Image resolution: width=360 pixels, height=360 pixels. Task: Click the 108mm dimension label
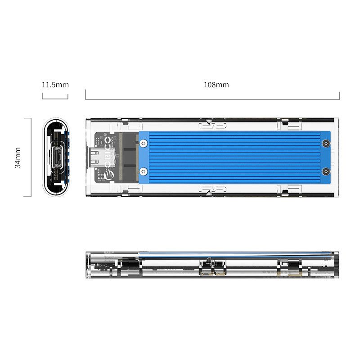coord(216,85)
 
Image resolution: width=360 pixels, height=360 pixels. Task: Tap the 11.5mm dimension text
coord(55,85)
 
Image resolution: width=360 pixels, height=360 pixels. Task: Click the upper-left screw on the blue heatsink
coord(143,144)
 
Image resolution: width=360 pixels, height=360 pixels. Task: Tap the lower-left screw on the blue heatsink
coord(143,171)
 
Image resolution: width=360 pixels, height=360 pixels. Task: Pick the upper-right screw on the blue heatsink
coord(325,144)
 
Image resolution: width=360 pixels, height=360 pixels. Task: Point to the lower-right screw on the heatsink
coord(325,171)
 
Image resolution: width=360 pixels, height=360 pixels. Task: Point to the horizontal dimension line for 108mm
coord(212,99)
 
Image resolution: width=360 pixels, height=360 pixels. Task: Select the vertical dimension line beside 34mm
coord(31,157)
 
